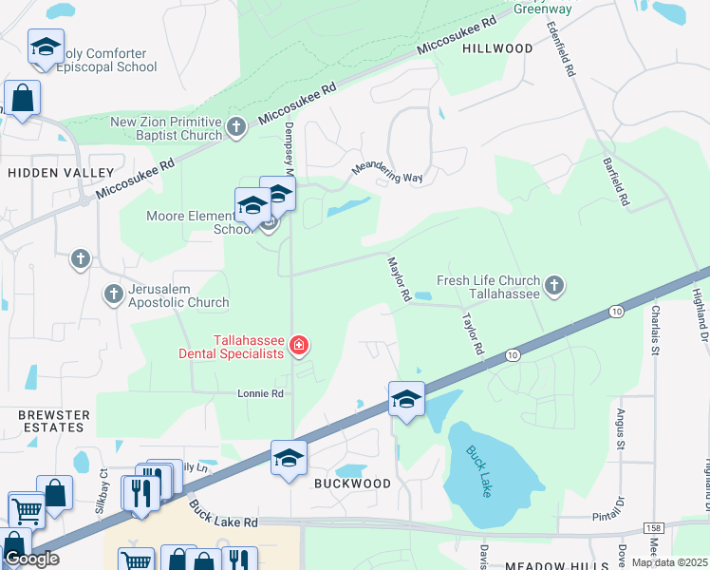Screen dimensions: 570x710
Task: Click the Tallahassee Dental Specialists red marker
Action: (x=299, y=344)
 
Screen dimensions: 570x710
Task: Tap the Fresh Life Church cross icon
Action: (x=554, y=285)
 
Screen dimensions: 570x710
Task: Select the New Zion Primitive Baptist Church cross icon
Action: (x=237, y=125)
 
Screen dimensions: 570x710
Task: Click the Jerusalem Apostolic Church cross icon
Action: (x=113, y=293)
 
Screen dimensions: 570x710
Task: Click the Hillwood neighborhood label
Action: (x=497, y=48)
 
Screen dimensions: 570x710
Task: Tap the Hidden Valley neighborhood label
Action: (x=61, y=173)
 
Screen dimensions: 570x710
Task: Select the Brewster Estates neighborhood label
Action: (x=54, y=421)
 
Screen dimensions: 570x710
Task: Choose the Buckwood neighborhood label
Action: (x=352, y=484)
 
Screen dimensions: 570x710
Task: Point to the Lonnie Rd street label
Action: (x=261, y=393)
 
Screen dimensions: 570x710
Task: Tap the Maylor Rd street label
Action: (x=398, y=278)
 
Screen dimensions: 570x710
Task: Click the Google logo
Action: (x=31, y=560)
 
